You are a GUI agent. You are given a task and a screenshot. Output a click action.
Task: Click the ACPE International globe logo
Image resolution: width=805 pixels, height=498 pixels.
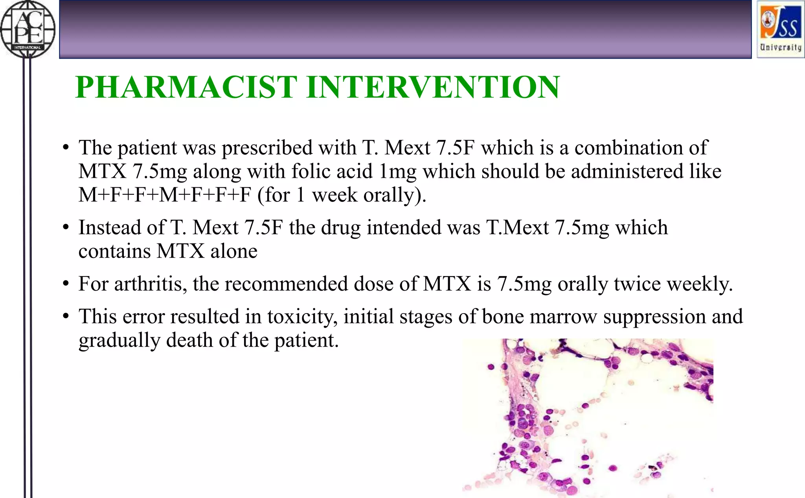point(28,29)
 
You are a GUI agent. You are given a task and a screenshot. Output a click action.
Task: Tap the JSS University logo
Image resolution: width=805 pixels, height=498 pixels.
point(780,29)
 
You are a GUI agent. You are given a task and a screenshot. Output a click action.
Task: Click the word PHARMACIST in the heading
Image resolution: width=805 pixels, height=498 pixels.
point(186,87)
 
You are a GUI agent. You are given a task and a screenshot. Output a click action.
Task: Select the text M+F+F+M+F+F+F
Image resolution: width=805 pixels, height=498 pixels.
point(164,195)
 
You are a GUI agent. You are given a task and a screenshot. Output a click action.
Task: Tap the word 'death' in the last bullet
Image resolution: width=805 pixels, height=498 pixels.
point(189,340)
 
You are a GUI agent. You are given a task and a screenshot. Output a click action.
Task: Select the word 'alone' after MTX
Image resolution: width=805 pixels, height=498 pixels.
point(234,251)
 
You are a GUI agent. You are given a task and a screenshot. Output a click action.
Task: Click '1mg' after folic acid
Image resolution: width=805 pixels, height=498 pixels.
point(397,172)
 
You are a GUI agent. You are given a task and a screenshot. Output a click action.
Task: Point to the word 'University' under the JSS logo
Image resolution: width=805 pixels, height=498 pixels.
point(780,47)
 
